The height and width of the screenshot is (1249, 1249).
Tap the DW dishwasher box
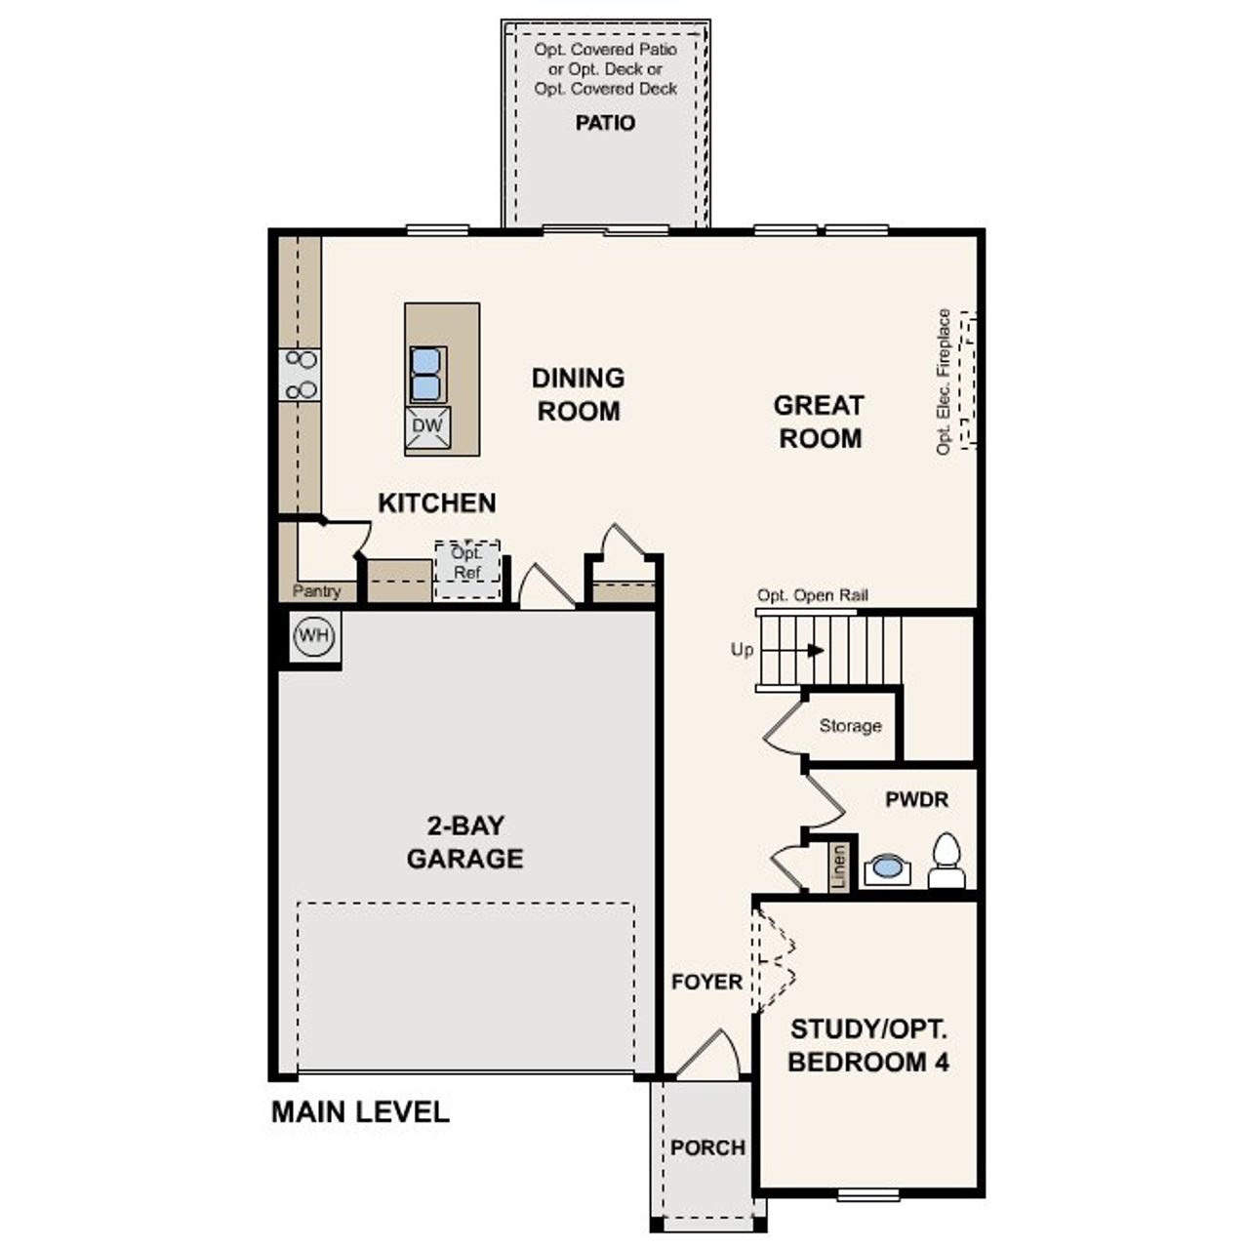427,426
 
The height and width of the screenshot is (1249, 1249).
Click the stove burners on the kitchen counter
301,375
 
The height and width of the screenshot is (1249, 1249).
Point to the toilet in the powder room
947,862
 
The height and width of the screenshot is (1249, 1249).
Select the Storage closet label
850,726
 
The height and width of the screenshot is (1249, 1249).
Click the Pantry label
317,591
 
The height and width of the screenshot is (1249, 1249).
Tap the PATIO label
605,123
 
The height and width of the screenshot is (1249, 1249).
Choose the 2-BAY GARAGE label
464,842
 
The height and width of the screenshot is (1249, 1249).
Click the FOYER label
706,982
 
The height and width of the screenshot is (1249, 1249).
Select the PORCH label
707,1148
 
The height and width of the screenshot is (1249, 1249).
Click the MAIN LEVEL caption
360,1112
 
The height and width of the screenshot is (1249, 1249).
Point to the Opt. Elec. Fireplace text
944,382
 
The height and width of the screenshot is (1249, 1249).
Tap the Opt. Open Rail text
812,595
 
